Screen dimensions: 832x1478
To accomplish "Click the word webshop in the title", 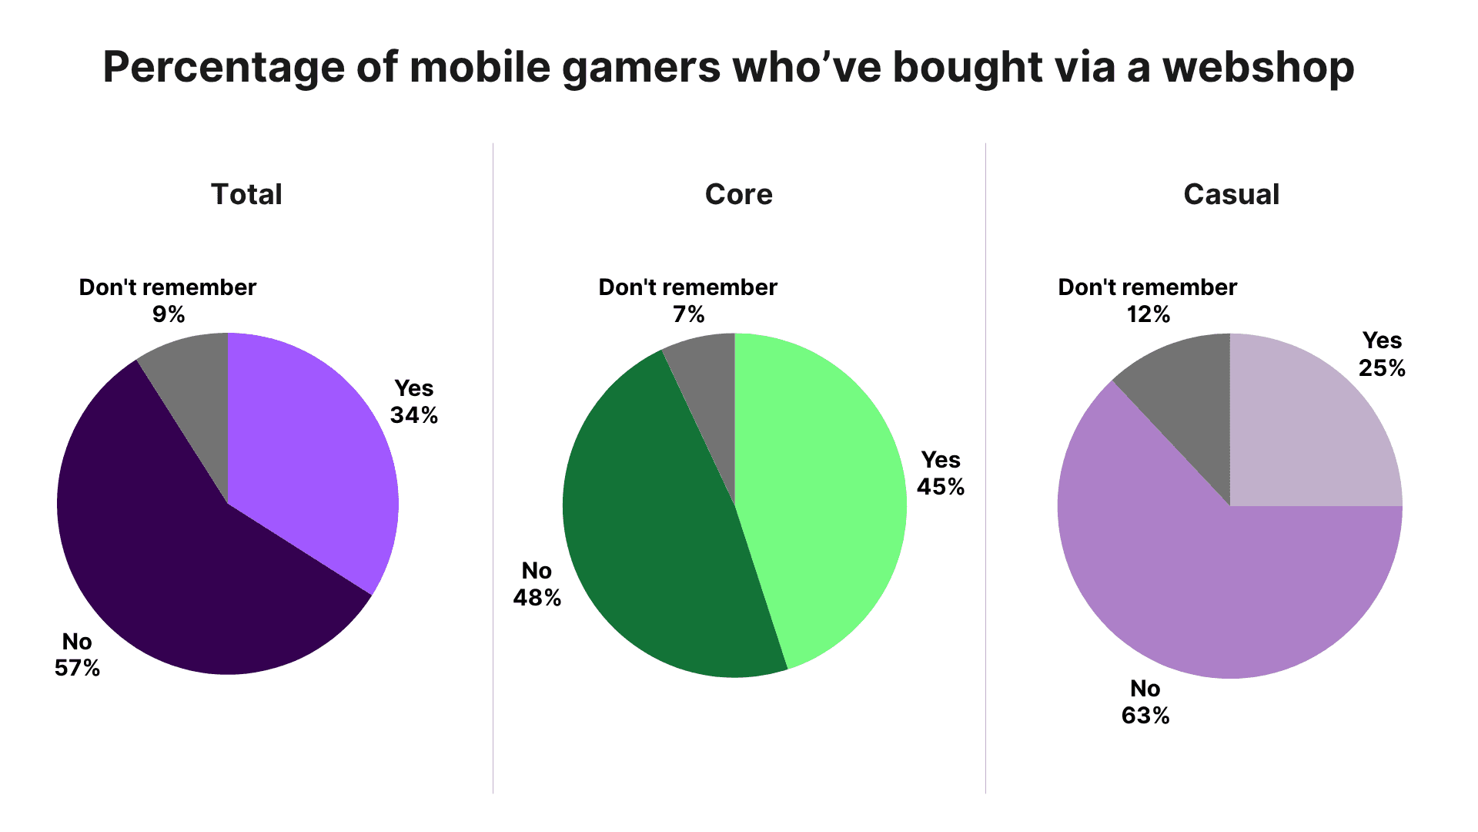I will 1258,67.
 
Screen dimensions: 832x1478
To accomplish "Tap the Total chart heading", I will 246,194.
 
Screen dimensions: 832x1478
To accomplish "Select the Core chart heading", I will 738,194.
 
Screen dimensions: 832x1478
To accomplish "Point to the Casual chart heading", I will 1231,194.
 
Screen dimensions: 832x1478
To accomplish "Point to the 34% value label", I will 414,415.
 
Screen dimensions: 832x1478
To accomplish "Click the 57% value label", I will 77,668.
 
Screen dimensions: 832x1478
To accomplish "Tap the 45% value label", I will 941,487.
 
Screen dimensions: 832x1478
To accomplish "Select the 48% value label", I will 537,598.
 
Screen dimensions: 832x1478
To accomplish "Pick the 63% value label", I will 1145,716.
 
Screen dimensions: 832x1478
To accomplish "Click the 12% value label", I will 1149,314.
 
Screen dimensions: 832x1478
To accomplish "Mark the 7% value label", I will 688,314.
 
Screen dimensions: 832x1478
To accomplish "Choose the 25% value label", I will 1382,368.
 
